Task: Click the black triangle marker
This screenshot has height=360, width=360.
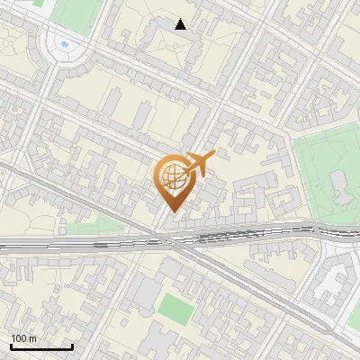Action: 181,24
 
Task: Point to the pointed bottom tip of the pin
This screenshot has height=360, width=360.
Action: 173,211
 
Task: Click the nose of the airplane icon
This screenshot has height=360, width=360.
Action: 213,155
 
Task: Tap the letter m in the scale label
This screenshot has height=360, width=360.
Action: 32,338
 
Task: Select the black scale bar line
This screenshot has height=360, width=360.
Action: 40,346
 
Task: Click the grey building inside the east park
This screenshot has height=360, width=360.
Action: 340,184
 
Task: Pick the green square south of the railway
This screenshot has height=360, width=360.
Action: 175,308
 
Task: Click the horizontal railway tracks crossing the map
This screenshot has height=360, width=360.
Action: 90,241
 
